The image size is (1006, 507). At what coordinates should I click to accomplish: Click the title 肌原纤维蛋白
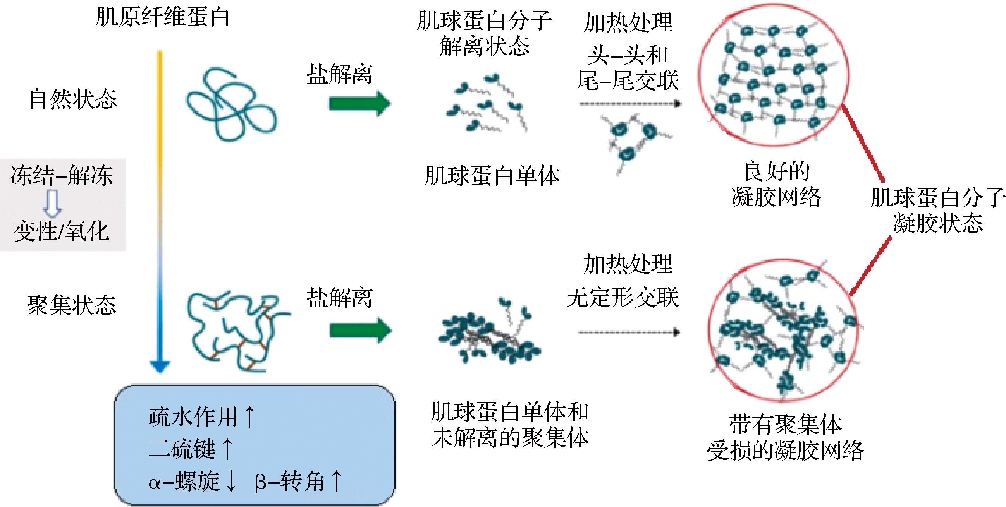tap(162, 17)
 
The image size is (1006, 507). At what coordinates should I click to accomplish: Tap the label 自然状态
tap(73, 99)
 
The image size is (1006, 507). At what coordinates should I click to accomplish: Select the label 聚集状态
tap(71, 305)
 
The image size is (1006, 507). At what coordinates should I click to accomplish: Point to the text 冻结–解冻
tap(62, 175)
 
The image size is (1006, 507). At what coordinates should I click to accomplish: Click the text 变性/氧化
tap(61, 231)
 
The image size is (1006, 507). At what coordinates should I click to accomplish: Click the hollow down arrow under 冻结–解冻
tap(52, 203)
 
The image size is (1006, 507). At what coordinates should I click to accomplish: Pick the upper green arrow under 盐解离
tap(359, 104)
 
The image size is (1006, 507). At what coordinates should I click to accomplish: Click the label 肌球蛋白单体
tap(492, 176)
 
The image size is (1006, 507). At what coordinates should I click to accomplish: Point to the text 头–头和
tap(628, 55)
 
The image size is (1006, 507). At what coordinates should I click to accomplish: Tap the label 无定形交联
tap(623, 297)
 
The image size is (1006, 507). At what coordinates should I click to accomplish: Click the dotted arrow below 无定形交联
tap(629, 332)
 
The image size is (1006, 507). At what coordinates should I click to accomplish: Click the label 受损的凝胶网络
tap(785, 451)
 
